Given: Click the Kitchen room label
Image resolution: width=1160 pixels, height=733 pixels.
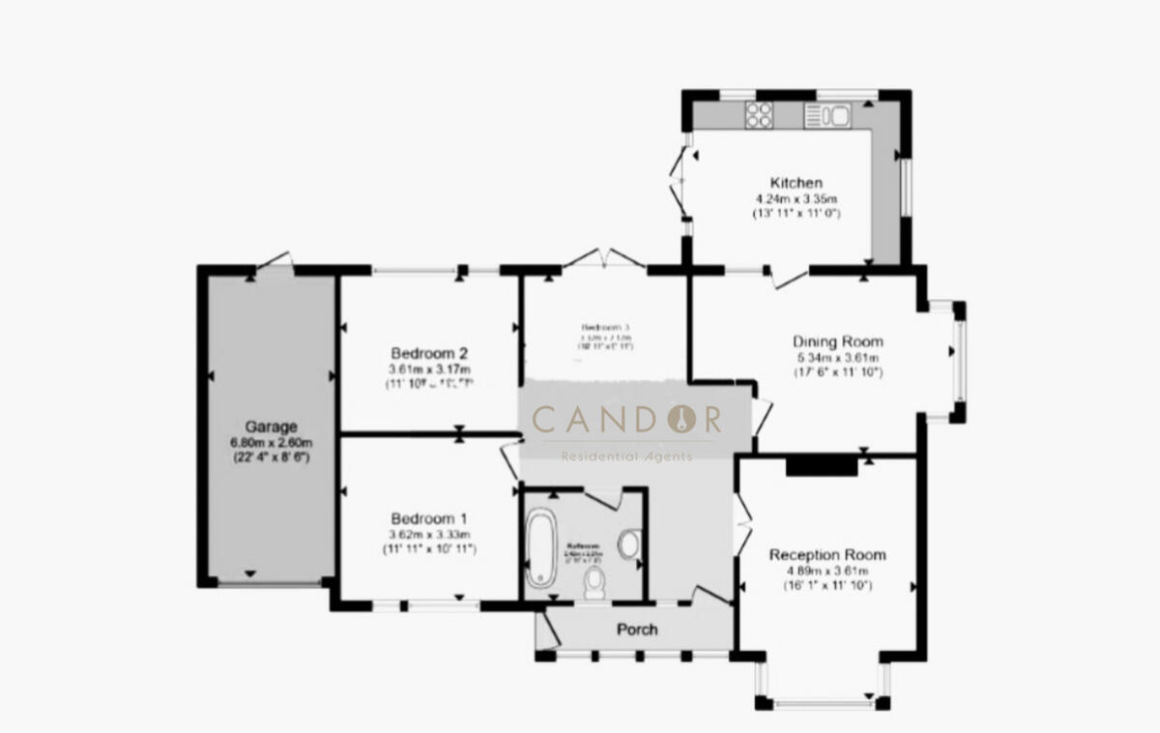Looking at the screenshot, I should [796, 183].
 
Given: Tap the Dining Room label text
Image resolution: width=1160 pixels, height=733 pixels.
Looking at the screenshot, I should [837, 341].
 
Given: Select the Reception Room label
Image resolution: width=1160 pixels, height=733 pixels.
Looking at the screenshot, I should [826, 555].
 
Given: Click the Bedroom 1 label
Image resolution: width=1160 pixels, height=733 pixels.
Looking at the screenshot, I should [429, 517].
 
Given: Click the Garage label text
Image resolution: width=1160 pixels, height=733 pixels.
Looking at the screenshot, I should [270, 425].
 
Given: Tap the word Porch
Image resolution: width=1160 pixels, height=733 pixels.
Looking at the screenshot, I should [637, 630].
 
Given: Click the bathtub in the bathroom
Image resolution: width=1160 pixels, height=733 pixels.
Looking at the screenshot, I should [539, 551].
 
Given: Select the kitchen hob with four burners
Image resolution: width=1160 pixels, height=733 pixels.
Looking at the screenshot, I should [759, 116].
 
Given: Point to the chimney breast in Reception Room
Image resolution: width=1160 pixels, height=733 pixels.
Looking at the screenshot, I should [821, 466].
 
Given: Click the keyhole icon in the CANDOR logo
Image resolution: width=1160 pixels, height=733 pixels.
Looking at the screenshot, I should [686, 419].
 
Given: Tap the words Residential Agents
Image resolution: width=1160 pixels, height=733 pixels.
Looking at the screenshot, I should [627, 456].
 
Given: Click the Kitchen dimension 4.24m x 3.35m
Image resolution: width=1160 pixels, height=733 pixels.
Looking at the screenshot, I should [796, 198].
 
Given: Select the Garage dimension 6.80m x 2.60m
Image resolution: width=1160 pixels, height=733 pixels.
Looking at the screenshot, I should [270, 442].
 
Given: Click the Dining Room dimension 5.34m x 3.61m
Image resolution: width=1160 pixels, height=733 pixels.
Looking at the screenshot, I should [837, 357].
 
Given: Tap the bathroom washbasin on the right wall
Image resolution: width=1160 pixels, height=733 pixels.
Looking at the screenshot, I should [628, 544].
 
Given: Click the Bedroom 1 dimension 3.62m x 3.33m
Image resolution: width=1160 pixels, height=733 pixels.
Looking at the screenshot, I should [429, 534].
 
